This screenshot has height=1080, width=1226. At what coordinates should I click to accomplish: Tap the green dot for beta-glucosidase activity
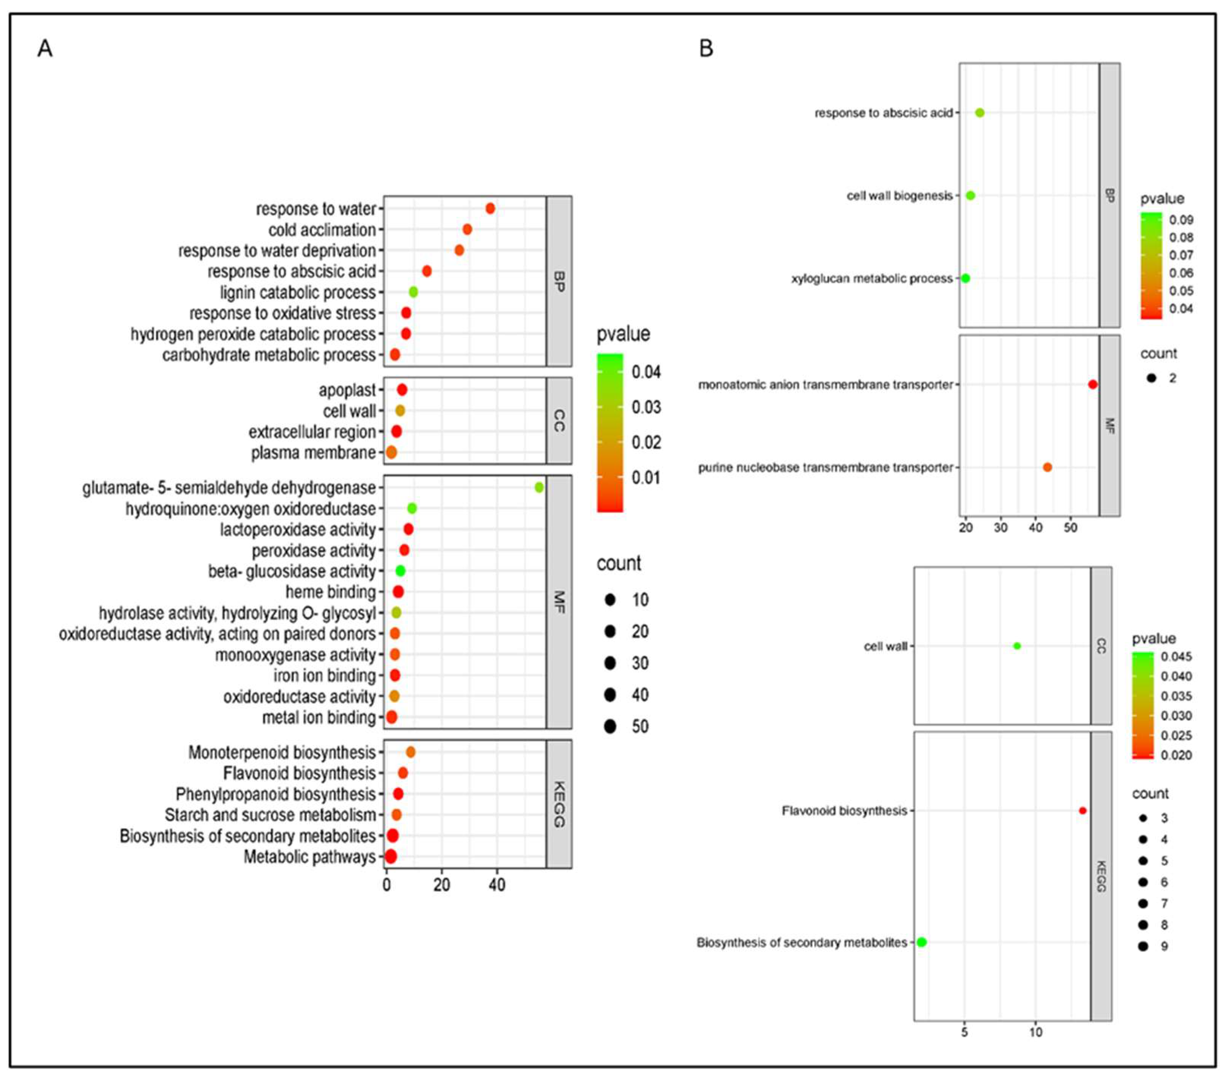click(400, 571)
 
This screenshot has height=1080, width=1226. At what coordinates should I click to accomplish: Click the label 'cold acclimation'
click(322, 230)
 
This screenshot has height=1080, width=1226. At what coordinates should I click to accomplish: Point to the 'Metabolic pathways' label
click(309, 857)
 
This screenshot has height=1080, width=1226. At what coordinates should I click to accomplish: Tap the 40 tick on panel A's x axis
click(496, 885)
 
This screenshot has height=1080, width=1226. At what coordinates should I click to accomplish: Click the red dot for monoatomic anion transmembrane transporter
click(1092, 384)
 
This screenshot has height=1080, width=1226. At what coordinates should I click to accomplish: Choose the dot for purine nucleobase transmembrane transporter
click(1047, 467)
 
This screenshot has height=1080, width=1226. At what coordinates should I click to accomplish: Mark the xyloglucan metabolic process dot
click(965, 278)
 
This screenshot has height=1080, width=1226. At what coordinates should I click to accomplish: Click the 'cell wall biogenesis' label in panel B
click(899, 195)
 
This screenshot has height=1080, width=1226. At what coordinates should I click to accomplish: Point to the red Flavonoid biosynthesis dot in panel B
click(1083, 811)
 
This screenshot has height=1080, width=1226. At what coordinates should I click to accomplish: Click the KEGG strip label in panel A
click(558, 804)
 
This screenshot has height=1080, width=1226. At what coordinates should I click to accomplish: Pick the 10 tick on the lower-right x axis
click(1036, 1032)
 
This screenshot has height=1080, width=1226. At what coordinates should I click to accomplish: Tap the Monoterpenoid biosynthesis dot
click(410, 752)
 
